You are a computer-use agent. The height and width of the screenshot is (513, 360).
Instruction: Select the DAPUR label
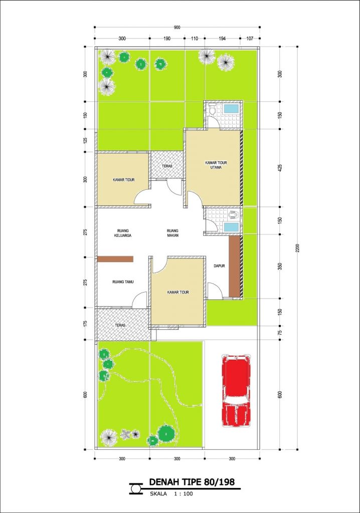coord(218,266)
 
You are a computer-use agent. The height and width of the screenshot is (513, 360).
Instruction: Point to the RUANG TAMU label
coord(122,282)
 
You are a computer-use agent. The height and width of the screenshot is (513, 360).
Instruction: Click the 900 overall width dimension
coord(177,28)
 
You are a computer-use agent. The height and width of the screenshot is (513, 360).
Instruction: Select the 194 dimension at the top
coord(222,38)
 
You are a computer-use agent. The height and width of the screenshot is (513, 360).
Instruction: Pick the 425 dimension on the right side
coord(280,168)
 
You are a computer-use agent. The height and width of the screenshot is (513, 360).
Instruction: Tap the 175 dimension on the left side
coord(85,324)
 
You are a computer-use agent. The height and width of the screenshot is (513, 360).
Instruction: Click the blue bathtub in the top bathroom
coord(231,109)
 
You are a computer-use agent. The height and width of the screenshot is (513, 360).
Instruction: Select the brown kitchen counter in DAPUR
coord(234,266)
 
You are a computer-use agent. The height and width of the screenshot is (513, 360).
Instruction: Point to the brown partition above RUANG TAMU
coord(115,259)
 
